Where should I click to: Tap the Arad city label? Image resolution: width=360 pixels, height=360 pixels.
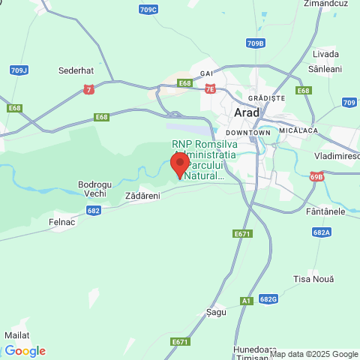click(247, 112)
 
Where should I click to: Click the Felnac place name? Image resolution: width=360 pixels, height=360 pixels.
click(64, 223)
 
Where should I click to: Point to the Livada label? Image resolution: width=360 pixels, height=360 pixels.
click(326, 54)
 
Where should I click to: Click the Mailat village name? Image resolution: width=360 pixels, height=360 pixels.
click(16, 334)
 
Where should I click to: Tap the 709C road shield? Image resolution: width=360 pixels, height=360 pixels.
click(148, 9)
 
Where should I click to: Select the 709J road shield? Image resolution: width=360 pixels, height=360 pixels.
click(19, 70)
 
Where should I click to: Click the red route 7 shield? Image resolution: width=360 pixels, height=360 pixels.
click(89, 89)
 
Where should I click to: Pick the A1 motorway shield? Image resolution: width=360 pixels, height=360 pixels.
click(247, 301)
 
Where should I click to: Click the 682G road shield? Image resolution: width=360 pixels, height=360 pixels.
click(268, 298)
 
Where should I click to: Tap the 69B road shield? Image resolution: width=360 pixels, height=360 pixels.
click(316, 177)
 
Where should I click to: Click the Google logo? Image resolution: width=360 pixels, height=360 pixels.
click(25, 350)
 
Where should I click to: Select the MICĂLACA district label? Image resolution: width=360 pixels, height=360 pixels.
click(298, 129)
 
